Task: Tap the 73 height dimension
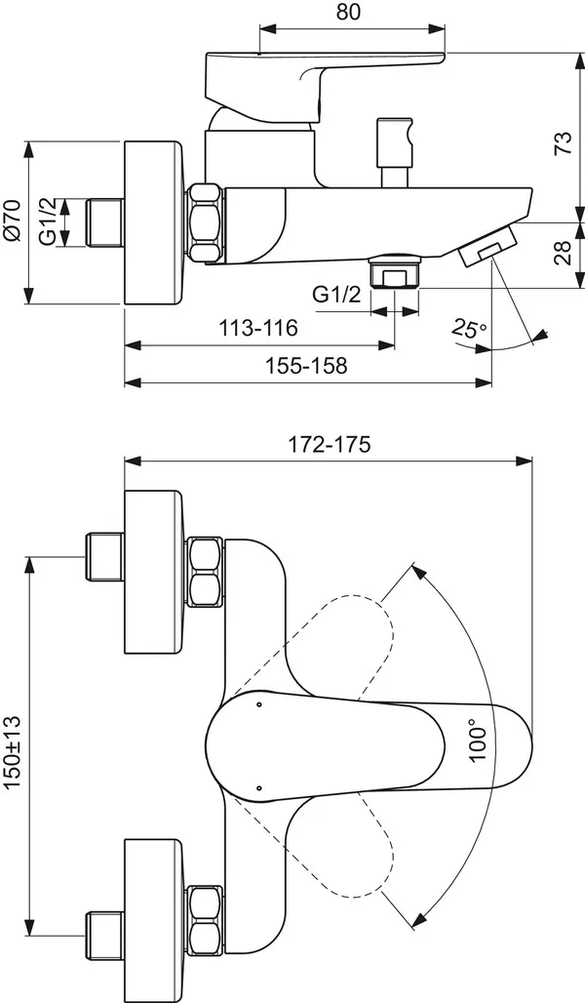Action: point(562,143)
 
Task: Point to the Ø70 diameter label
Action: point(12,224)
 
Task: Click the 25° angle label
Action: point(470,329)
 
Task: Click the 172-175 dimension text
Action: point(329,444)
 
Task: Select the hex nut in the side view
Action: point(207,222)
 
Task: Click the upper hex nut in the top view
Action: point(207,572)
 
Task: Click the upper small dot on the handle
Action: point(258,703)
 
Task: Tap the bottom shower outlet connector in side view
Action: point(395,272)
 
